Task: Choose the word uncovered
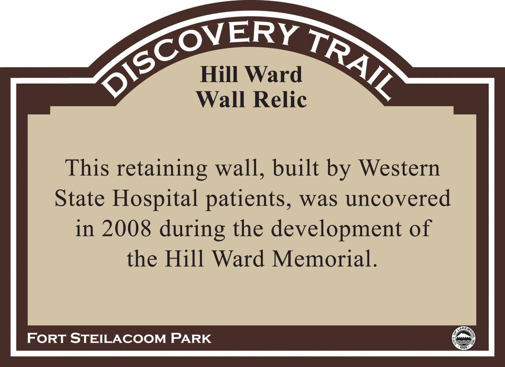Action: pos(398,198)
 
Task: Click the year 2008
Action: pos(126,229)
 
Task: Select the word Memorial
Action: pos(325,259)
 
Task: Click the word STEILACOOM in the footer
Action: pos(117,338)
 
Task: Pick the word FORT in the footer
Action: pos(46,338)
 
